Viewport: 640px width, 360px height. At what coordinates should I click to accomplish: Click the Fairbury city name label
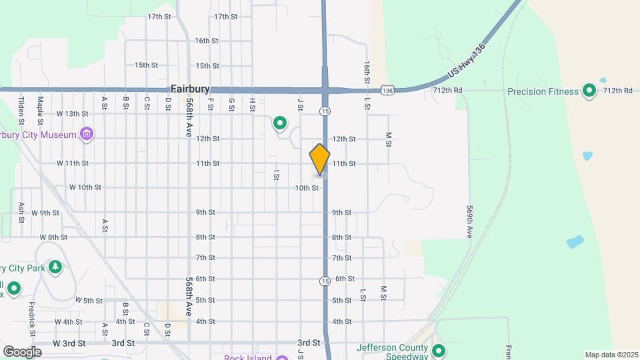pyautogui.click(x=190, y=88)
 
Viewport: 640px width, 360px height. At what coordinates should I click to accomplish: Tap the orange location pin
pyautogui.click(x=320, y=159)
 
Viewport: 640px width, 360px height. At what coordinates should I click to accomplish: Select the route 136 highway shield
pyautogui.click(x=389, y=89)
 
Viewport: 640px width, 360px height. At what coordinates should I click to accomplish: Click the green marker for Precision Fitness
pyautogui.click(x=589, y=90)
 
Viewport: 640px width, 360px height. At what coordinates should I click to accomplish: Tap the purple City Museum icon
pyautogui.click(x=86, y=135)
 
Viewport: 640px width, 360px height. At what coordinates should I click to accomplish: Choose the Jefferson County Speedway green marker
pyautogui.click(x=439, y=351)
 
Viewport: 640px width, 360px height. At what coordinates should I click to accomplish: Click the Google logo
pyautogui.click(x=22, y=351)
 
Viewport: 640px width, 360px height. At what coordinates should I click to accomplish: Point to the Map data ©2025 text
pyautogui.click(x=610, y=355)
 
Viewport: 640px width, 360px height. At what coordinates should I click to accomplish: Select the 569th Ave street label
pyautogui.click(x=469, y=221)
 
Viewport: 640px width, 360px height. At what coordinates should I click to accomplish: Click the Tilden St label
pyautogui.click(x=21, y=110)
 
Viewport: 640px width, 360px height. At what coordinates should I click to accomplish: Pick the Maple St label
pyautogui.click(x=41, y=110)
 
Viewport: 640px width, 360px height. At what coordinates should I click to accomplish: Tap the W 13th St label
pyautogui.click(x=72, y=114)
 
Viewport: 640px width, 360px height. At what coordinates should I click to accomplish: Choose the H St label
pyautogui.click(x=252, y=104)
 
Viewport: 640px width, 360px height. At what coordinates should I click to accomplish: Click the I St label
pyautogui.click(x=275, y=175)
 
